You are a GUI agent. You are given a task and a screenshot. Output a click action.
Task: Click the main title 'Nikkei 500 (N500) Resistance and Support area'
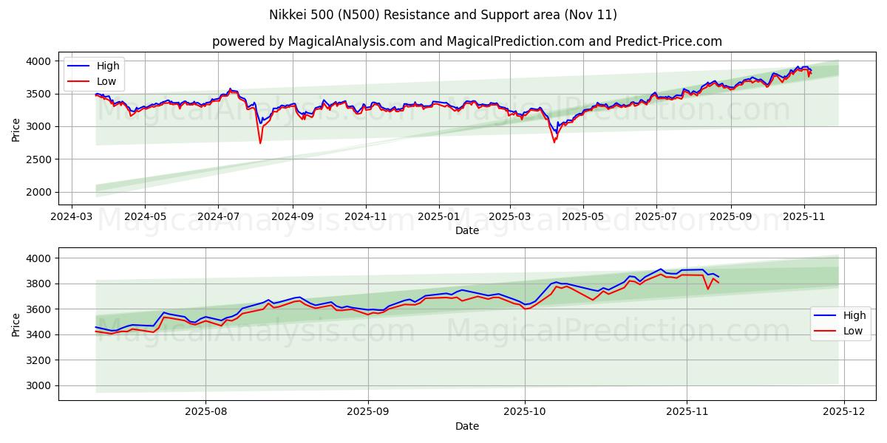(443, 15)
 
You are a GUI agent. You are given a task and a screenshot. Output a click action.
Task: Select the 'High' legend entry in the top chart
(108, 66)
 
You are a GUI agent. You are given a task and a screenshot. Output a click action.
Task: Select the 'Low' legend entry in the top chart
(106, 82)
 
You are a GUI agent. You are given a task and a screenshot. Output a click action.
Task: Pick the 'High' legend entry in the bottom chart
(854, 315)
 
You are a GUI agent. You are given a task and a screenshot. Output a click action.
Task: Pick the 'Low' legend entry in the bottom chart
(853, 331)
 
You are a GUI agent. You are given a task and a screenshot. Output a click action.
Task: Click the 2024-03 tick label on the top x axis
(71, 217)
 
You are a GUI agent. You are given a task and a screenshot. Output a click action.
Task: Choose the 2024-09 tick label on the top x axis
(292, 217)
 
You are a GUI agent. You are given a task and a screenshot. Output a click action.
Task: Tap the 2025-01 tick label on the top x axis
(439, 217)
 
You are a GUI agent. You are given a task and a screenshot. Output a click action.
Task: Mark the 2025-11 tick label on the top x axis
(804, 217)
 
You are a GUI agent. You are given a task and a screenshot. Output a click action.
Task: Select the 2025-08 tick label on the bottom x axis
(205, 412)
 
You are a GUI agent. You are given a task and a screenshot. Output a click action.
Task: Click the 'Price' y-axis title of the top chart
(16, 129)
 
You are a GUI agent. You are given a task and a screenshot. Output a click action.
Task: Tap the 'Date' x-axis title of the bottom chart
(466, 426)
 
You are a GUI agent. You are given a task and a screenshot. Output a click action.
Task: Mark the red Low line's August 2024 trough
(260, 142)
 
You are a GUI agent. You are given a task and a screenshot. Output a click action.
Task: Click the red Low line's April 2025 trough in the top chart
(554, 142)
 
